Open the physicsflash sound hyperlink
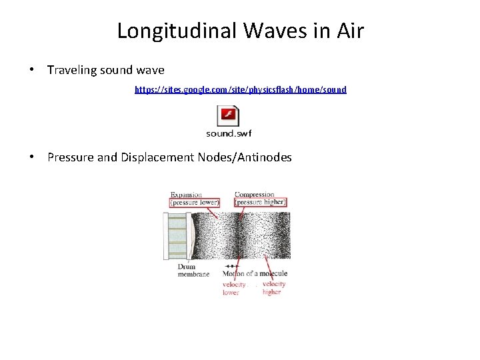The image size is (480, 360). [240, 89]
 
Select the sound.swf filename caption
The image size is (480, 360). [229, 133]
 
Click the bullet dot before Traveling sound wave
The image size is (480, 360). [32, 70]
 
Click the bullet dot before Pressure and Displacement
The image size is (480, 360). [32, 157]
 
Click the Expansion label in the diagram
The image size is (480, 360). [186, 195]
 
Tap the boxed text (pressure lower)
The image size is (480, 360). [195, 202]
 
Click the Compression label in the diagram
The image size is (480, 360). [254, 195]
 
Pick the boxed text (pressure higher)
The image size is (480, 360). [261, 202]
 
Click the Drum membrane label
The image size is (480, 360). [193, 270]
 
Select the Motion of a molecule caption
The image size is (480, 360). [255, 273]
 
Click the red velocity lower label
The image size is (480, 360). [234, 288]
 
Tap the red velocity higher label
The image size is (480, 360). [273, 288]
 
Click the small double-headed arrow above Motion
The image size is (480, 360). [233, 266]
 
